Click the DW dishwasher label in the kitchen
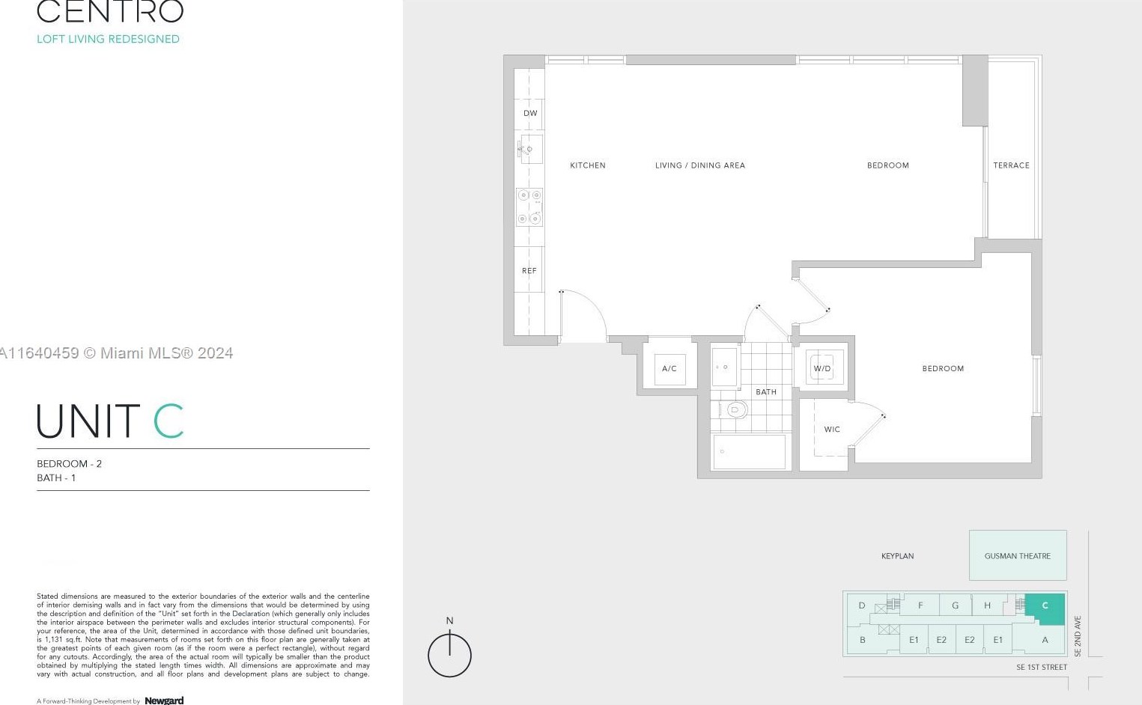530,114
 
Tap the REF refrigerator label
529,271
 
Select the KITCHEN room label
588,165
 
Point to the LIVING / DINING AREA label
700,165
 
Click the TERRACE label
1011,165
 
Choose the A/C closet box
669,368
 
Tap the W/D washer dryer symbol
822,368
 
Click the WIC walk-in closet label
832,430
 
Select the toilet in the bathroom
735,409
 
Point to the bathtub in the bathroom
750,452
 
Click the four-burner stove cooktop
529,207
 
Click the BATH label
766,392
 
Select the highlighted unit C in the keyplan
1045,608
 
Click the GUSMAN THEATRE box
1017,555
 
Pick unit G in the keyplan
955,605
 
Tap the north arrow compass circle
449,656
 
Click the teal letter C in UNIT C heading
168,421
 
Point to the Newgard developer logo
164,701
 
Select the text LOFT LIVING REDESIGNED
108,39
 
